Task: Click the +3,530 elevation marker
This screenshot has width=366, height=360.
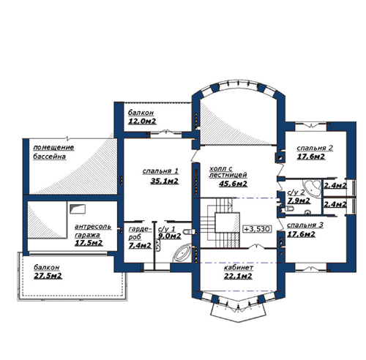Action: (x=257, y=229)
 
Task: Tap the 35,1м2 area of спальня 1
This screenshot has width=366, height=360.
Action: (x=165, y=181)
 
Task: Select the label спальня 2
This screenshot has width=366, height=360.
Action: (x=315, y=148)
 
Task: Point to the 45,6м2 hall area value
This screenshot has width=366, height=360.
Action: (x=233, y=184)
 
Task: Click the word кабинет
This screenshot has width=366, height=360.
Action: (x=239, y=268)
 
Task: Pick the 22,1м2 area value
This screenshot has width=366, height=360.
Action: (x=238, y=276)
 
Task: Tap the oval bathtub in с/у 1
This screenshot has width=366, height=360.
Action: (x=182, y=253)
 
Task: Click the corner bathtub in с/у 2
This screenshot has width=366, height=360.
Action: (x=313, y=188)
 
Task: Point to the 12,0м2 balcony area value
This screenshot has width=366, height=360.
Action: (x=142, y=121)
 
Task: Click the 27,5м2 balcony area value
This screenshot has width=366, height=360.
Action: (x=48, y=276)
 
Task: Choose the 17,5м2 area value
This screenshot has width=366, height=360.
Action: (x=89, y=243)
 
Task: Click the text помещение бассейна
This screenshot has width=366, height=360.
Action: (x=53, y=151)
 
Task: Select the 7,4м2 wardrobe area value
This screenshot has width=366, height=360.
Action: (x=140, y=246)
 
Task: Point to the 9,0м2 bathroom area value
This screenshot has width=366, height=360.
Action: (x=170, y=236)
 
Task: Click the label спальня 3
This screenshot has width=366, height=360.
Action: (x=305, y=225)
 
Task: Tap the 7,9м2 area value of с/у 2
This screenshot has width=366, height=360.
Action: (x=299, y=200)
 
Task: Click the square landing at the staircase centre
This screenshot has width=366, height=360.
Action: (x=227, y=222)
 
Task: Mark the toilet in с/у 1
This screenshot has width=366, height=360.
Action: (x=188, y=231)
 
